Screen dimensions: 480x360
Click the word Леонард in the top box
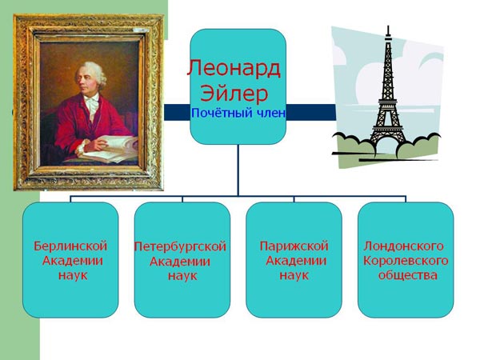[234, 69]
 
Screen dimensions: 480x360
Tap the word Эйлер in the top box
[234, 94]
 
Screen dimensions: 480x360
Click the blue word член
[271, 114]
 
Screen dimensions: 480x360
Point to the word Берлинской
[70, 246]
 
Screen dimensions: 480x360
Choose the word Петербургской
[180, 246]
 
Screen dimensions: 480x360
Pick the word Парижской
[294, 246]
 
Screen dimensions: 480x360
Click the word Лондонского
[403, 246]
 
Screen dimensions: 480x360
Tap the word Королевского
[406, 261]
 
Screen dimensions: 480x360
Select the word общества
[407, 275]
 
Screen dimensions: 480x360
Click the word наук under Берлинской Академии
[73, 275]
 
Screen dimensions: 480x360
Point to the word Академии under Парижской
[296, 261]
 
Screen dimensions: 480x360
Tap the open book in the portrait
[110, 149]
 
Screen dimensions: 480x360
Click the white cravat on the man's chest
[91, 103]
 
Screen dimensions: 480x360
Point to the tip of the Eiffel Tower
[388, 26]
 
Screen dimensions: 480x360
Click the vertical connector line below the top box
[238, 170]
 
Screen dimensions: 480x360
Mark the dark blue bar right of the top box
[311, 112]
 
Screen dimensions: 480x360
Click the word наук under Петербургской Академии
[182, 276]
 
